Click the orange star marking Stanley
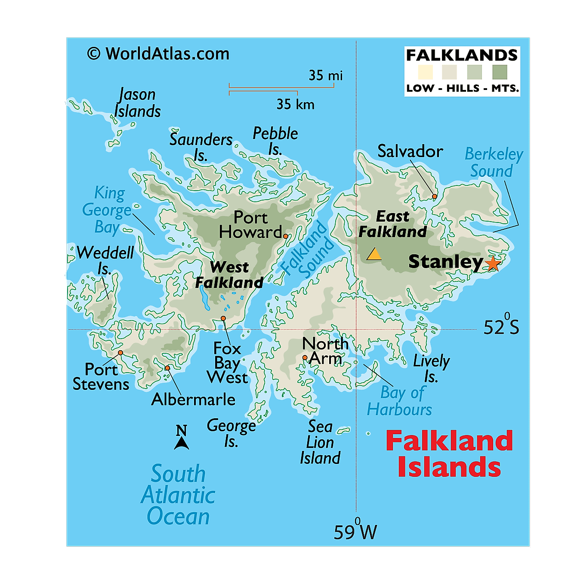[x=493, y=263]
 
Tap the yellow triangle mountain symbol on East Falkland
[x=374, y=254]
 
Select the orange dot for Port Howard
[x=285, y=236]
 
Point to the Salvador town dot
[x=435, y=196]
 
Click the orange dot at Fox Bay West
[x=223, y=318]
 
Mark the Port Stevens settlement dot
[x=120, y=353]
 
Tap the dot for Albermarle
[x=167, y=368]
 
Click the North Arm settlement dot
[x=305, y=358]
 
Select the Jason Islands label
[x=137, y=103]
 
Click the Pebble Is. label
[x=275, y=141]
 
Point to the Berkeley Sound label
[x=493, y=163]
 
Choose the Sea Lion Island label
[x=320, y=442]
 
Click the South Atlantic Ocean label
[x=178, y=495]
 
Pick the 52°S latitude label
[x=501, y=326]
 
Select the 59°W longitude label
[x=355, y=531]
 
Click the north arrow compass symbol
[x=182, y=438]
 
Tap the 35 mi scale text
[x=326, y=76]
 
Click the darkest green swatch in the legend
[x=500, y=72]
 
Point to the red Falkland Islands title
[x=449, y=454]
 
